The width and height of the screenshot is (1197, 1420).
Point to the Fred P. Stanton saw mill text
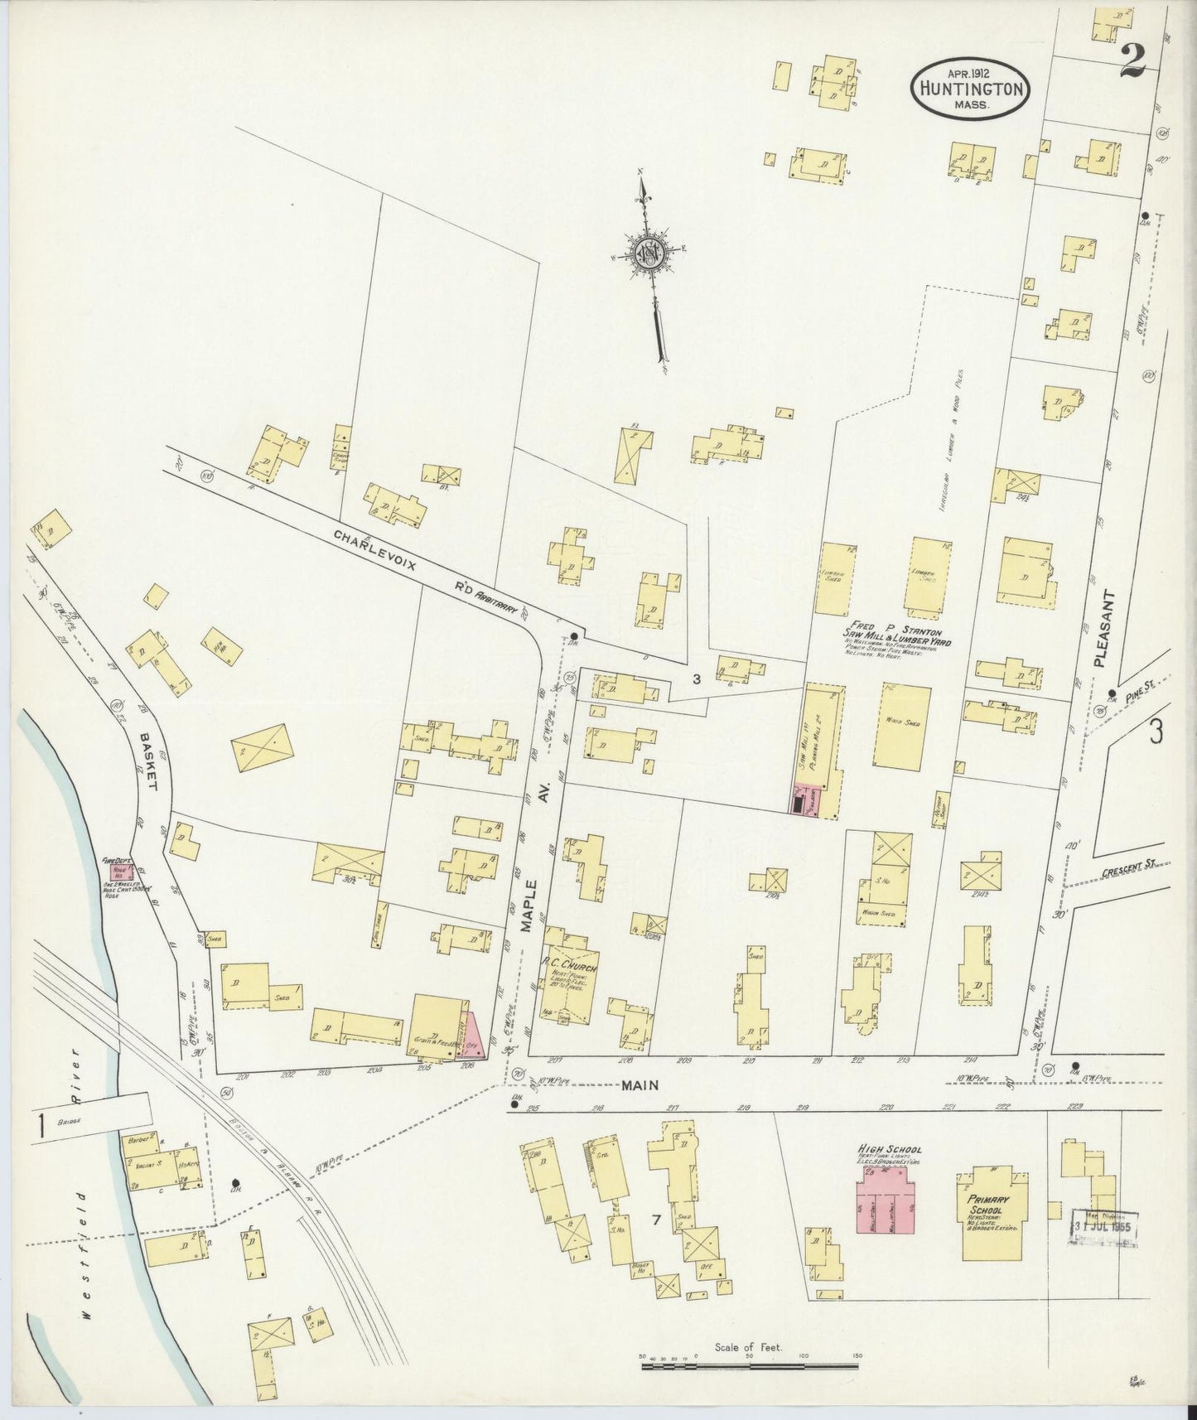[x=896, y=635]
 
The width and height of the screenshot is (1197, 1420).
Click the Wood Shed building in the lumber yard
[x=900, y=726]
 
